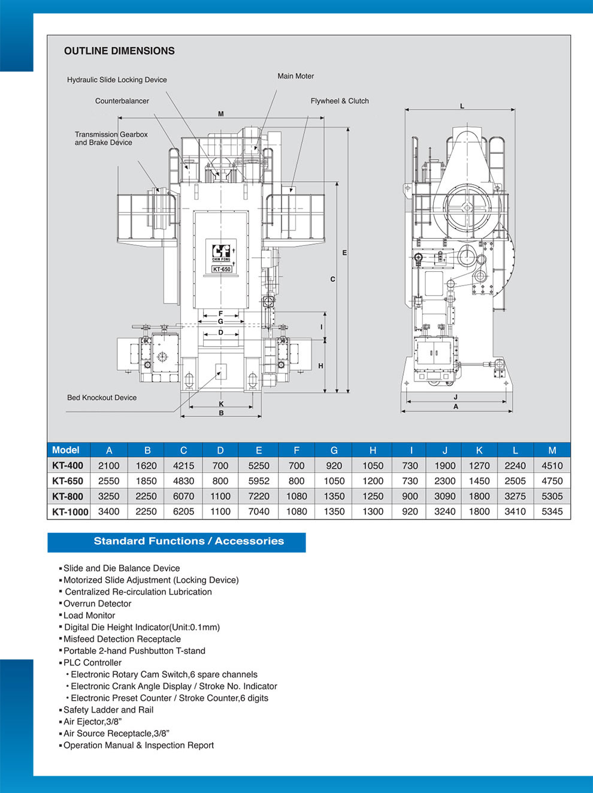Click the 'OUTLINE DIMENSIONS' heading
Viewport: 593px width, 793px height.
pyautogui.click(x=119, y=51)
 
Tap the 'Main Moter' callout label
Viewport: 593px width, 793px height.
pyautogui.click(x=295, y=76)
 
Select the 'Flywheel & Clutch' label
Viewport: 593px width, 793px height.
pyautogui.click(x=340, y=101)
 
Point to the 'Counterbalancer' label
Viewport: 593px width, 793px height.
pyautogui.click(x=122, y=101)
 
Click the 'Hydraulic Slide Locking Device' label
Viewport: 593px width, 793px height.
pyautogui.click(x=117, y=80)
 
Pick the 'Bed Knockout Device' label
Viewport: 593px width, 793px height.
pyautogui.click(x=102, y=398)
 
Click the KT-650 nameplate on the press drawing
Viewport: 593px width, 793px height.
pyautogui.click(x=222, y=269)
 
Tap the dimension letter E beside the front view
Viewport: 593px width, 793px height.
pyautogui.click(x=344, y=253)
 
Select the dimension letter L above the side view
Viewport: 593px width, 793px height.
pyautogui.click(x=462, y=106)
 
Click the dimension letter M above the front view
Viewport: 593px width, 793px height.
pyautogui.click(x=221, y=114)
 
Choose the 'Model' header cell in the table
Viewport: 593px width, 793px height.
pyautogui.click(x=66, y=450)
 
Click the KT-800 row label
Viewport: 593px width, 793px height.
pyautogui.click(x=68, y=497)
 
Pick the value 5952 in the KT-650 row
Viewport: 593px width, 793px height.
pyautogui.click(x=259, y=481)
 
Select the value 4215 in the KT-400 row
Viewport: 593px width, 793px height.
pyautogui.click(x=183, y=465)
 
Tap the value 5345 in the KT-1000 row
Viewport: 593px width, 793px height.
pyautogui.click(x=552, y=512)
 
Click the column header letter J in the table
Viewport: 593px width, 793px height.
pyautogui.click(x=444, y=450)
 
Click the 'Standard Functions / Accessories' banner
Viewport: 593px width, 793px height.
pyautogui.click(x=189, y=541)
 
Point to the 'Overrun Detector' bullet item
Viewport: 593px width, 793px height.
pyautogui.click(x=97, y=603)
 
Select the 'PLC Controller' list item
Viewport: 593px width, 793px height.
pyautogui.click(x=92, y=663)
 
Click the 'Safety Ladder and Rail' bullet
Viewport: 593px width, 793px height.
pyautogui.click(x=108, y=710)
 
